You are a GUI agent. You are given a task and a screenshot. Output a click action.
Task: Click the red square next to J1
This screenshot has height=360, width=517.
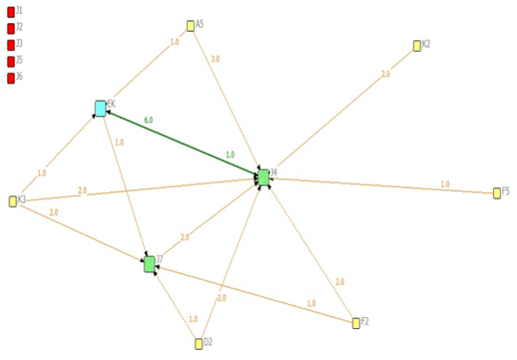coord(10,12)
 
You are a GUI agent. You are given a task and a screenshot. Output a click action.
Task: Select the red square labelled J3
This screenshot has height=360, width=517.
coord(10,45)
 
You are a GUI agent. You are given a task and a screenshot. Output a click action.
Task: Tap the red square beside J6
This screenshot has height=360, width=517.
coord(10,78)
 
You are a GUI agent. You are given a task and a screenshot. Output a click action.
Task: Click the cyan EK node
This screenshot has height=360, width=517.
coord(101,108)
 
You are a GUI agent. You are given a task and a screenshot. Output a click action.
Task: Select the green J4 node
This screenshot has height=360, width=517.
coord(263,177)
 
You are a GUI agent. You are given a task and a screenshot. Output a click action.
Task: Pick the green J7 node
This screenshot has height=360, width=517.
coord(149,264)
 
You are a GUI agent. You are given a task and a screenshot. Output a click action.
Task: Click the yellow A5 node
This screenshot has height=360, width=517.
coord(190,26)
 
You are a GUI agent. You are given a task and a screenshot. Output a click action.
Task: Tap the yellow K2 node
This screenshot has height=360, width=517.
coord(417,46)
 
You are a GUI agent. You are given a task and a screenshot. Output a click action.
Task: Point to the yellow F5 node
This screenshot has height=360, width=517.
coord(497,193)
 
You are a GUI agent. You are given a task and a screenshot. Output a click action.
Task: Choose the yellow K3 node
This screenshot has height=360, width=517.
coord(13,202)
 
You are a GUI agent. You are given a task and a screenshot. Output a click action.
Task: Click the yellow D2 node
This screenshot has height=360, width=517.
coord(198,344)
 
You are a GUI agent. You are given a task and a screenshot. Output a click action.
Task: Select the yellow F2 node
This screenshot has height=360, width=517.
coord(356,323)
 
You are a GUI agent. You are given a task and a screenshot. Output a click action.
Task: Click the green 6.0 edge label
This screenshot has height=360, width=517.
coord(149,121)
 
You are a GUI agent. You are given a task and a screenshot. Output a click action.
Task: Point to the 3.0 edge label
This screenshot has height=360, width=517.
coord(215,59)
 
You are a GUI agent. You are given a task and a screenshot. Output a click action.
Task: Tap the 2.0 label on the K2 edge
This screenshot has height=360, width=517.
coord(385,74)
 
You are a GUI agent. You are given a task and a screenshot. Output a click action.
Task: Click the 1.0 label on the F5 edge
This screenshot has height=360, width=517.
coord(445,183)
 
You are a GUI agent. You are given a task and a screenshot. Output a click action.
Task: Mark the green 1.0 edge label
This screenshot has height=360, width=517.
coord(230,154)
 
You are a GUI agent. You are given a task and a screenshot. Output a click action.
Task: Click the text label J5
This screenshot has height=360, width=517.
coord(20,61)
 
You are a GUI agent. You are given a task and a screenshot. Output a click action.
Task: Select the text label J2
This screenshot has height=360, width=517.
coord(20,28)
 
